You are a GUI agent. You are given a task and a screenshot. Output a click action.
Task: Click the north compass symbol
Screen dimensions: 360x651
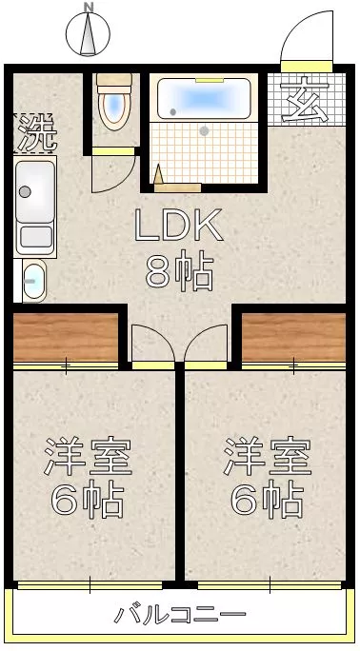(88, 33)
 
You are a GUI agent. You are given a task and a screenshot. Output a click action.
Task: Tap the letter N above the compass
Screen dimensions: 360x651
(89, 7)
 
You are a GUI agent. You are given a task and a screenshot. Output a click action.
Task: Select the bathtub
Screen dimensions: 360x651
(205, 98)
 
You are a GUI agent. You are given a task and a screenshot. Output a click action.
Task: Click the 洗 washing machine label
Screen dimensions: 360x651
(36, 132)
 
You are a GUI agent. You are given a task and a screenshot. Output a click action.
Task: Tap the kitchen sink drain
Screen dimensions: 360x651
(25, 192)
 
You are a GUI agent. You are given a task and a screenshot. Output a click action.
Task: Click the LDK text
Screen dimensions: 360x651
(179, 225)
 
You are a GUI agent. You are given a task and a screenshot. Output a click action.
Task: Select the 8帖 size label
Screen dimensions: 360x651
(179, 272)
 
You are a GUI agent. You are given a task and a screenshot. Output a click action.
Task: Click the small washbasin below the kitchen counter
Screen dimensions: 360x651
(34, 281)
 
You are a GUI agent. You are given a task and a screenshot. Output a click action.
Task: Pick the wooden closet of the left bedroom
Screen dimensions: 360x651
(66, 337)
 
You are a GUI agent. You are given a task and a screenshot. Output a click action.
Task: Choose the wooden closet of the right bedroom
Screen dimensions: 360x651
(293, 337)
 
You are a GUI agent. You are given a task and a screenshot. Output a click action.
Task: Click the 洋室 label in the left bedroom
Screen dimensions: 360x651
(88, 456)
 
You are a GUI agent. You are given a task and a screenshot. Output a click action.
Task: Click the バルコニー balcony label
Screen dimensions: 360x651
(180, 614)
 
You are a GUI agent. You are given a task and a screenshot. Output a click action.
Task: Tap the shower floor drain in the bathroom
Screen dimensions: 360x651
(204, 131)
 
